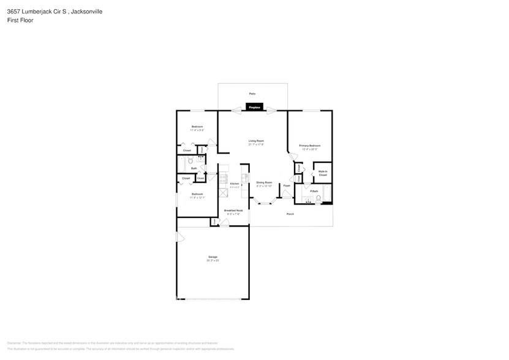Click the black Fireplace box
(x=254, y=107)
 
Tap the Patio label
(x=252, y=94)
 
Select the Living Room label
(x=255, y=141)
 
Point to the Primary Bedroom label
(x=310, y=145)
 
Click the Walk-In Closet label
(x=322, y=173)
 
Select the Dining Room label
(x=264, y=182)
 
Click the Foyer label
(x=286, y=185)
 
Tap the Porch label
(x=291, y=214)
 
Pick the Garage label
(x=213, y=257)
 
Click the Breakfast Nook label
(x=233, y=210)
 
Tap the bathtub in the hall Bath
(x=181, y=164)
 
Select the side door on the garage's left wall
(x=178, y=237)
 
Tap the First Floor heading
(x=20, y=20)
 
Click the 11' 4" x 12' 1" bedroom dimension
(x=197, y=198)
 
